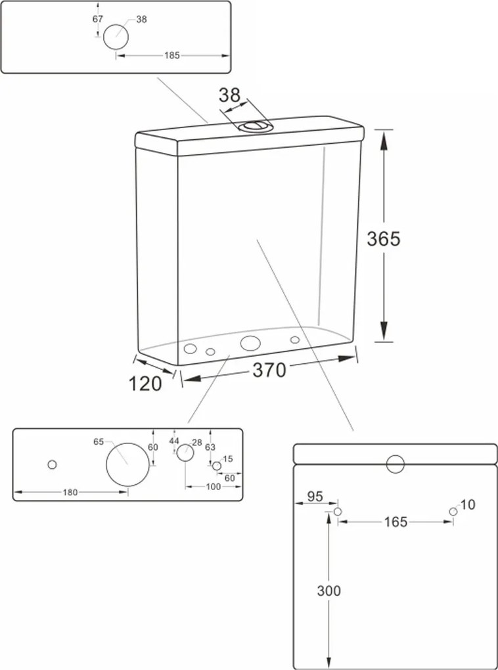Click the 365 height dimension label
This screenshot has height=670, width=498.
pyautogui.click(x=384, y=239)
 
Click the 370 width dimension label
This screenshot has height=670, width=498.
pyautogui.click(x=269, y=370)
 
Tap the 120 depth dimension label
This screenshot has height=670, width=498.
pyautogui.click(x=145, y=384)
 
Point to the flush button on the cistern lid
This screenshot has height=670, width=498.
pyautogui.click(x=255, y=126)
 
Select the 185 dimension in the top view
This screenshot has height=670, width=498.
pyautogui.click(x=172, y=56)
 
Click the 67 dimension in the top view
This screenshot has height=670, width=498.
pyautogui.click(x=98, y=19)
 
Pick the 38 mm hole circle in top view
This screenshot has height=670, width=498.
pyautogui.click(x=116, y=36)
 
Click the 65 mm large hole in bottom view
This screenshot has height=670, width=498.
pyautogui.click(x=128, y=464)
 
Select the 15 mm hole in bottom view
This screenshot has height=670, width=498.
pyautogui.click(x=217, y=466)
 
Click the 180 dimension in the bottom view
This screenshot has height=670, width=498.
pyautogui.click(x=70, y=492)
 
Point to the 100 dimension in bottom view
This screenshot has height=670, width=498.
pyautogui.click(x=214, y=487)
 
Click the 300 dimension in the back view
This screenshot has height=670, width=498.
pyautogui.click(x=328, y=591)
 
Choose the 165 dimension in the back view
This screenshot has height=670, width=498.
pyautogui.click(x=396, y=522)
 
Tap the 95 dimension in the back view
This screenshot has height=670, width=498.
pyautogui.click(x=315, y=497)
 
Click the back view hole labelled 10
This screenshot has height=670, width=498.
pyautogui.click(x=453, y=512)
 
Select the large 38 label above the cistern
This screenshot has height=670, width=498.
pyautogui.click(x=229, y=96)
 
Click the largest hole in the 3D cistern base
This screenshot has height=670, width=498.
pyautogui.click(x=250, y=343)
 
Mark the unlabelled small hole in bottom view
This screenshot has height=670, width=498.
pyautogui.click(x=52, y=464)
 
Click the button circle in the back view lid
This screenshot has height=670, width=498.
pyautogui.click(x=396, y=464)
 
